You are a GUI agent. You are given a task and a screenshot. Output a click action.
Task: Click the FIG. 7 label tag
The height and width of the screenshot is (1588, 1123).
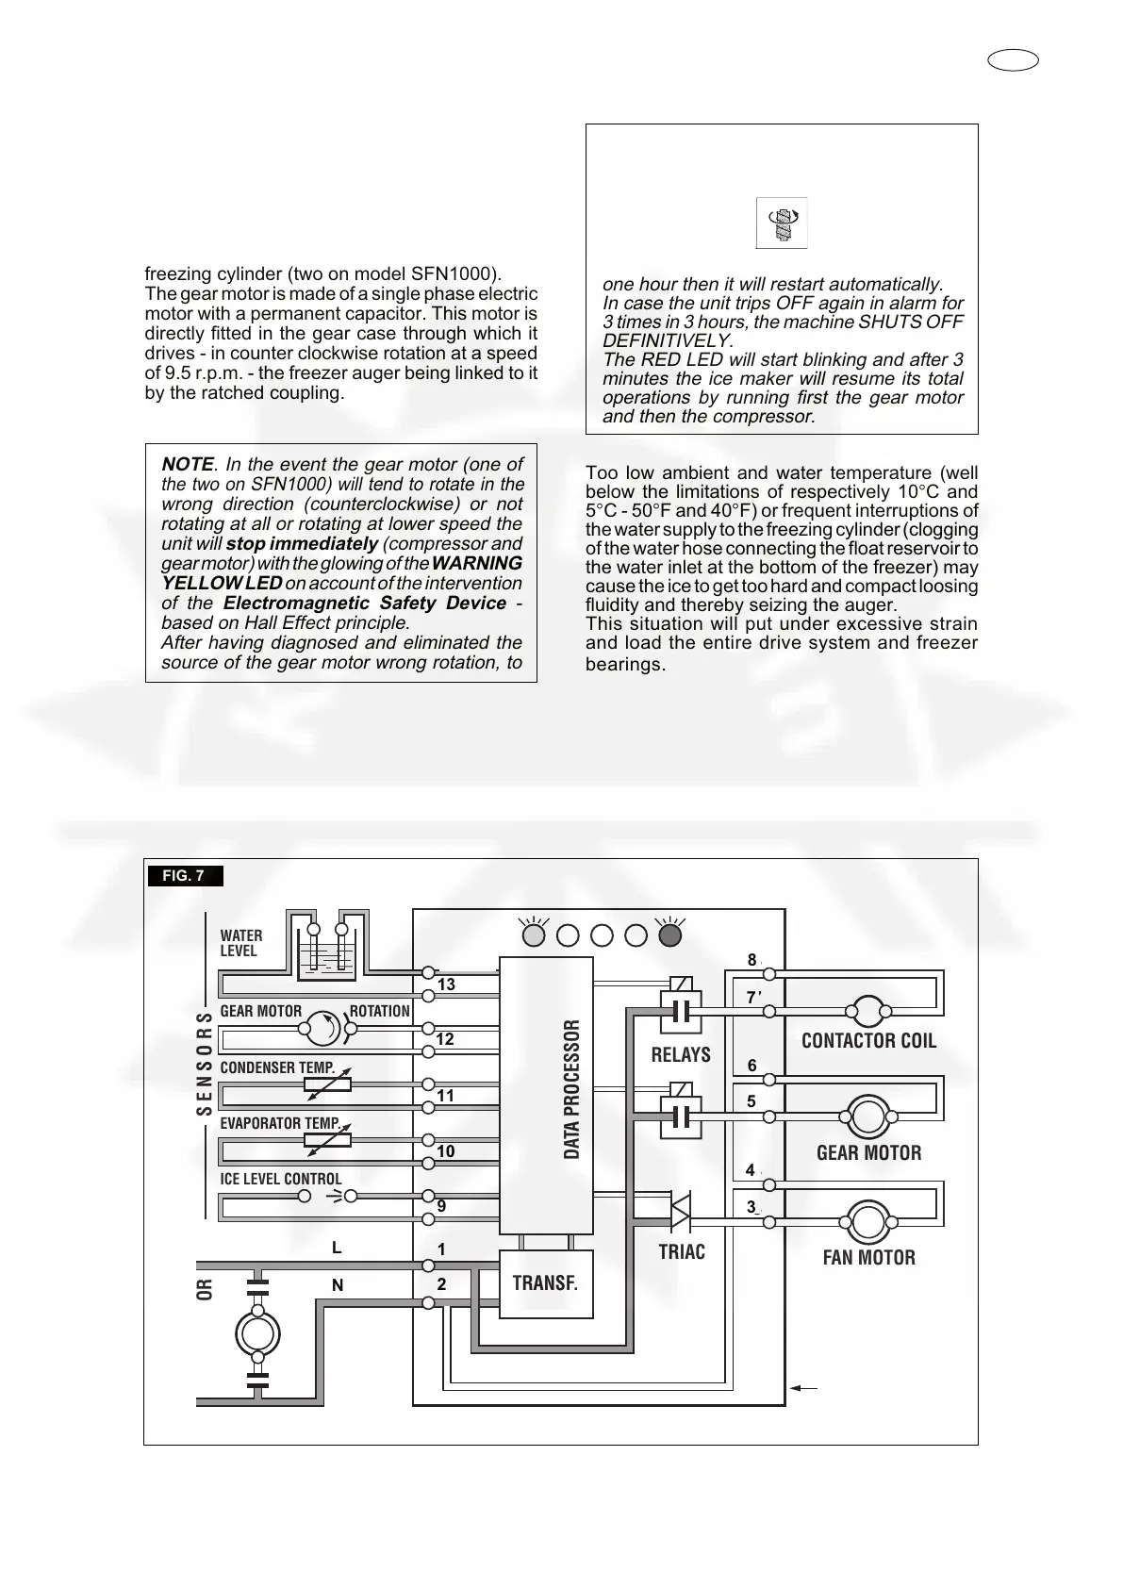tap(185, 876)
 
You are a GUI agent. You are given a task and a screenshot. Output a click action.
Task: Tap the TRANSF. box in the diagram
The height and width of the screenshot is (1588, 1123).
tap(545, 1283)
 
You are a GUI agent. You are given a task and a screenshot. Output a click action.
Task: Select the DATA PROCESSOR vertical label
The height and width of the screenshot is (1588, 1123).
tap(572, 1089)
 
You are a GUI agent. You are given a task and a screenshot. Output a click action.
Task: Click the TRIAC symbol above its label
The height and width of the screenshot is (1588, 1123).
tap(680, 1210)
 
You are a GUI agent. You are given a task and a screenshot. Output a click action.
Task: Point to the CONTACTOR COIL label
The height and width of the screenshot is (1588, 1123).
tap(868, 1041)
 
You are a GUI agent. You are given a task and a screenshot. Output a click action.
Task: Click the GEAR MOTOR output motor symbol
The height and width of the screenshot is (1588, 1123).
tap(867, 1117)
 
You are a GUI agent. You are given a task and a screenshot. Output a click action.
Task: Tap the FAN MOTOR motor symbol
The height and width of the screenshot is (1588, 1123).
tap(867, 1223)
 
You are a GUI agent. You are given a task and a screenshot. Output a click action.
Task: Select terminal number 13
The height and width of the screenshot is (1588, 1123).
tap(446, 984)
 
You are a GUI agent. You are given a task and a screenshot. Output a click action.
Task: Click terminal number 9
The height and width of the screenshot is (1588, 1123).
tap(441, 1206)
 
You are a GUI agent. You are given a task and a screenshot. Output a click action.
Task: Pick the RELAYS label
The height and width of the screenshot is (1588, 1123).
tap(681, 1055)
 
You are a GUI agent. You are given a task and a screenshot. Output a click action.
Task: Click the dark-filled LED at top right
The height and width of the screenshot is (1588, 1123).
tap(670, 935)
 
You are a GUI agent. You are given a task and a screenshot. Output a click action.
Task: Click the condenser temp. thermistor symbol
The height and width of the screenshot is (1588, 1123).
tap(327, 1084)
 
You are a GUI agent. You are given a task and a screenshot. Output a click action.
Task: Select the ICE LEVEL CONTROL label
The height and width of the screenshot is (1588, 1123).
tap(281, 1179)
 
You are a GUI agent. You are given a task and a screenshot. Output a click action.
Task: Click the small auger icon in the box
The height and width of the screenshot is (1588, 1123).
tap(782, 223)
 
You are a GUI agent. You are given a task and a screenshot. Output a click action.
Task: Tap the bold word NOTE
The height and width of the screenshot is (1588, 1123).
tap(188, 464)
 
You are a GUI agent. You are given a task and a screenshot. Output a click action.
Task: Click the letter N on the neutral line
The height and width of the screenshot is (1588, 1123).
tap(338, 1285)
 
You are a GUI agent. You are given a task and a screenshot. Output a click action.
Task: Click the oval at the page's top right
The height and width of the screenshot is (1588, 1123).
tap(1014, 61)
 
